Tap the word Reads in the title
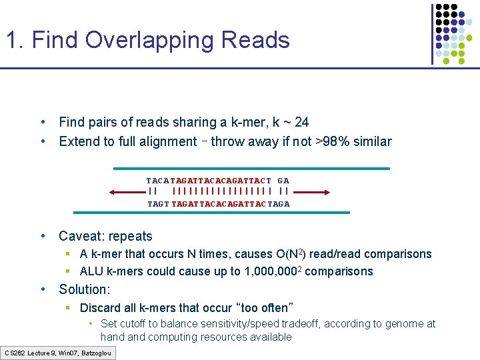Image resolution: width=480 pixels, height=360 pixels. coord(257,41)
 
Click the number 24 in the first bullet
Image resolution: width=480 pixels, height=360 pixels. coord(301,122)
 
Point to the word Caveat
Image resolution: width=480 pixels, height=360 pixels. coord(83,236)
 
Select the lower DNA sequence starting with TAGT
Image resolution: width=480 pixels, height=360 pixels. coord(218,204)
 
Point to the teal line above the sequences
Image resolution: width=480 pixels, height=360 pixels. coord(251,169)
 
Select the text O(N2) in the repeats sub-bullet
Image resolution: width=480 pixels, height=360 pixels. coord(290,254)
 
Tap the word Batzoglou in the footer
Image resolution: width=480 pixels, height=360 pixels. coord(97,353)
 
